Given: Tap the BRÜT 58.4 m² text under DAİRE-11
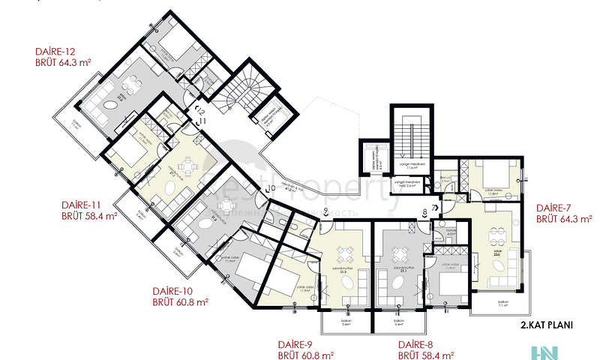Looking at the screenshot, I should point(89,216).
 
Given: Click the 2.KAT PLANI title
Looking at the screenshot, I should point(548,325).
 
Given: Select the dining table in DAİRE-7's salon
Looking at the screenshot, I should point(495,234).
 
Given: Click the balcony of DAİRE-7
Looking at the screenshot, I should point(502,303).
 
